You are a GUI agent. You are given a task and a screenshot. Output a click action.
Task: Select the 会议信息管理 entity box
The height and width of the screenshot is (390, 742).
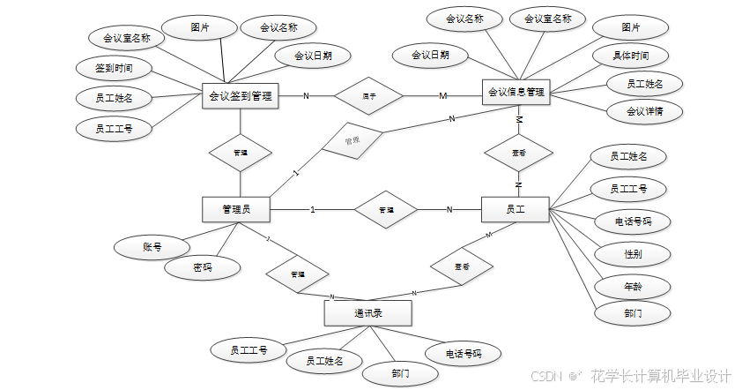coord(516,92)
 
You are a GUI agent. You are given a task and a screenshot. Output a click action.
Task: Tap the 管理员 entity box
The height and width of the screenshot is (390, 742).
coord(235,209)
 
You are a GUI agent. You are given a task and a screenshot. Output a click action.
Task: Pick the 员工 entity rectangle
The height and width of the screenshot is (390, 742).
coord(516,209)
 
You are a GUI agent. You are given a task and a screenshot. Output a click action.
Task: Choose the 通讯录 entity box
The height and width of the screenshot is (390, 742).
coord(368,313)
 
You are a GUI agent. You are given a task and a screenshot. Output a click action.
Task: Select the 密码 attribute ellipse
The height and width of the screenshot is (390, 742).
coord(203,266)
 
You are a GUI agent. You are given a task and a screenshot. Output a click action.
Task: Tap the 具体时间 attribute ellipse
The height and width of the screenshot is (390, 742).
coord(632,56)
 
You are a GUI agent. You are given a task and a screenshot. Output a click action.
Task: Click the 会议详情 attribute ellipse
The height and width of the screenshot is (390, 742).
coord(644,111)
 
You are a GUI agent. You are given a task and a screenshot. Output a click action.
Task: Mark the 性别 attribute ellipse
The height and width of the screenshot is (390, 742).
coord(632,254)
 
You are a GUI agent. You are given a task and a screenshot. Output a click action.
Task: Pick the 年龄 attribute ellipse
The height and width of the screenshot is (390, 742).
coord(632,287)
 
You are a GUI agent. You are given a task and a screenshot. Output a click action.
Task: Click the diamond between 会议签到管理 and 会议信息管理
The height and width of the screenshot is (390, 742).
coord(369,95)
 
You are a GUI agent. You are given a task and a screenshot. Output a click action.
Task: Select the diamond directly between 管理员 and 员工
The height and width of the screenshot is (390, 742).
coord(386,210)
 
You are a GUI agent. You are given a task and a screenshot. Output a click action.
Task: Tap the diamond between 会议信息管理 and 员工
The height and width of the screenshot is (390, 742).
coord(519,153)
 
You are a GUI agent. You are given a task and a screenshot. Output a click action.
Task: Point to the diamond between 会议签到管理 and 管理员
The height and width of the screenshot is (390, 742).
coord(240,153)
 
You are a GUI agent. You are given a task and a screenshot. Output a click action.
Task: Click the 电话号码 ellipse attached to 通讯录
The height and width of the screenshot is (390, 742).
coord(464,354)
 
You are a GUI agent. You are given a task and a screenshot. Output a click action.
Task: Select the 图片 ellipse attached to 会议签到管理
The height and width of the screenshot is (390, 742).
coord(200,28)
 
